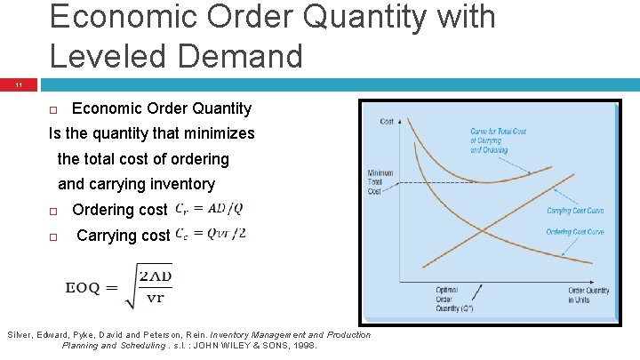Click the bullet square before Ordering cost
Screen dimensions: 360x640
[53, 212]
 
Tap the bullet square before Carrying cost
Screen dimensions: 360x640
[53, 237]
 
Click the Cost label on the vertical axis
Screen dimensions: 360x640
[388, 121]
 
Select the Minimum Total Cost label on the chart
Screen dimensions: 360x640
[380, 183]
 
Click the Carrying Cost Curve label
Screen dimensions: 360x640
[576, 211]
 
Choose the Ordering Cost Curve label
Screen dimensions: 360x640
[576, 232]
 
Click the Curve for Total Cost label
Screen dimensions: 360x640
[500, 140]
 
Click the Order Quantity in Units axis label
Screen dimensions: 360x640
[588, 295]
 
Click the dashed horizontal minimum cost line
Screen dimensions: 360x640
[427, 183]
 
